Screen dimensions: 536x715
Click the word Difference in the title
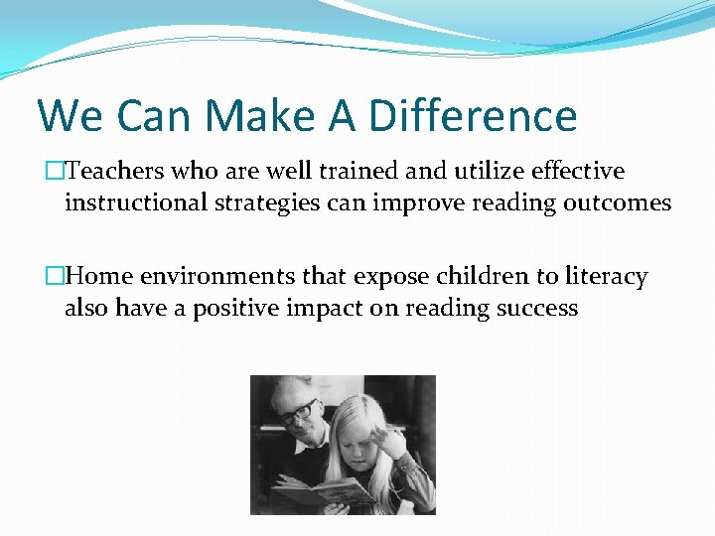pyautogui.click(x=473, y=116)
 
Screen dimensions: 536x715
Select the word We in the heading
pyautogui.click(x=70, y=116)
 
